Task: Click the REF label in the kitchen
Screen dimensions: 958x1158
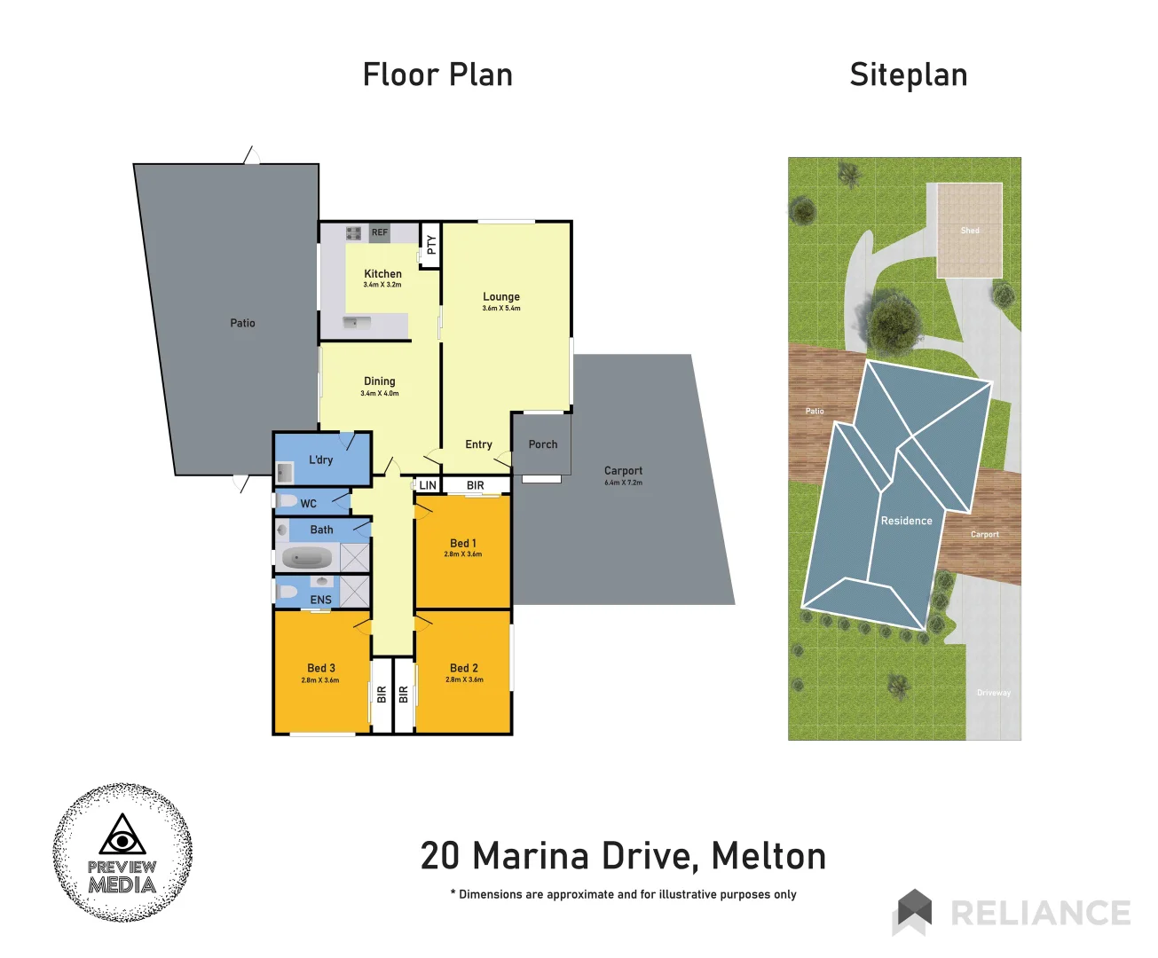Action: (x=380, y=232)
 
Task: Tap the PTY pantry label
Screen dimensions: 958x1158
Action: (x=431, y=245)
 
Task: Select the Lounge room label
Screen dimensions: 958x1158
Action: (x=501, y=297)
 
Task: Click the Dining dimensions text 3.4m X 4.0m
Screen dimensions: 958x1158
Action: (x=380, y=393)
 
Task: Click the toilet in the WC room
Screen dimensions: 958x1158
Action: (x=288, y=501)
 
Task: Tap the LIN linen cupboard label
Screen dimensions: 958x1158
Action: (x=428, y=485)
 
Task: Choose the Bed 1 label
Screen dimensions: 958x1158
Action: (x=463, y=543)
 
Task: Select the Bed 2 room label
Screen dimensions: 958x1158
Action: (x=464, y=668)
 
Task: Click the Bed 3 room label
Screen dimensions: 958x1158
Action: (x=321, y=668)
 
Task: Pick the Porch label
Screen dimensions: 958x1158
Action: (x=543, y=444)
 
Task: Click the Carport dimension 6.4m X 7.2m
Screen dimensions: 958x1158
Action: (x=623, y=483)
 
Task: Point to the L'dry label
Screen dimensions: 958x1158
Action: (x=321, y=459)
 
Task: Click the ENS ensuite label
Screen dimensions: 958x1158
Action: (x=321, y=600)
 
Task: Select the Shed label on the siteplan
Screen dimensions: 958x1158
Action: (x=970, y=231)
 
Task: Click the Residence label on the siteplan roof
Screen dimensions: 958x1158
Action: (x=906, y=521)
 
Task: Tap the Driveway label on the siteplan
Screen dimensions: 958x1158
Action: (x=994, y=693)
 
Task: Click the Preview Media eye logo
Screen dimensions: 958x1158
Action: (x=122, y=836)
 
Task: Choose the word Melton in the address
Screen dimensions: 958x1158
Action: (x=768, y=856)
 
